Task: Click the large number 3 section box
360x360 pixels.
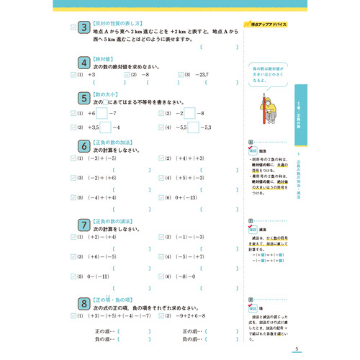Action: pyautogui.click(x=84, y=30)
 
